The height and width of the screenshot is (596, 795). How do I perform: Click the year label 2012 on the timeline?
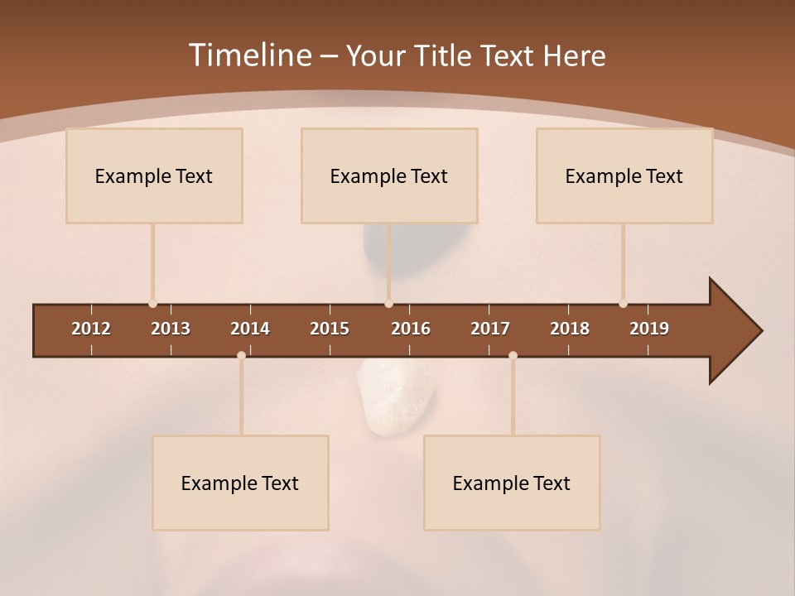coord(91,329)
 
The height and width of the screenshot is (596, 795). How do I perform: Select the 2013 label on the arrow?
coord(171,329)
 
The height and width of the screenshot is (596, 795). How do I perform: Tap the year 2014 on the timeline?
coord(250,329)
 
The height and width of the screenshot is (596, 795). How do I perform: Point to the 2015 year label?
coord(330,329)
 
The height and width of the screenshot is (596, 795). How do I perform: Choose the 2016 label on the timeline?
coord(411,329)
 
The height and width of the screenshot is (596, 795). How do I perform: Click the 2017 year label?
coord(490,329)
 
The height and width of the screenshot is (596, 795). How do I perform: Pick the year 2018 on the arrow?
coord(570,329)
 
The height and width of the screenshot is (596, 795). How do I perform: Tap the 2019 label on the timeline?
coord(649,329)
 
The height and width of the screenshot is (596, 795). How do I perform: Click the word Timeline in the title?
coord(249,55)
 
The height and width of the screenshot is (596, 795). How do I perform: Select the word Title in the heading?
coord(445,55)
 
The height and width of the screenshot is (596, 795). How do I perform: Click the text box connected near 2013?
coord(154,175)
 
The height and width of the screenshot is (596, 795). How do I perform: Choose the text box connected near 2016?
coord(389,175)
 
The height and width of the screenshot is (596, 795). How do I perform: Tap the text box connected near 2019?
coord(624,175)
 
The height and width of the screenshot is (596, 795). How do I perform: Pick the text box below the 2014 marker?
coord(240,483)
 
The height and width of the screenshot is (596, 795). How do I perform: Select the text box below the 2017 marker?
coord(512,483)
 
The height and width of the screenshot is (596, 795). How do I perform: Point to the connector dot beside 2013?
coord(152,304)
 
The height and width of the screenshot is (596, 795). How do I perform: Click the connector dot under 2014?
coord(241,355)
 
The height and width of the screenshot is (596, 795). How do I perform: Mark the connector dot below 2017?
coord(513,355)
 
